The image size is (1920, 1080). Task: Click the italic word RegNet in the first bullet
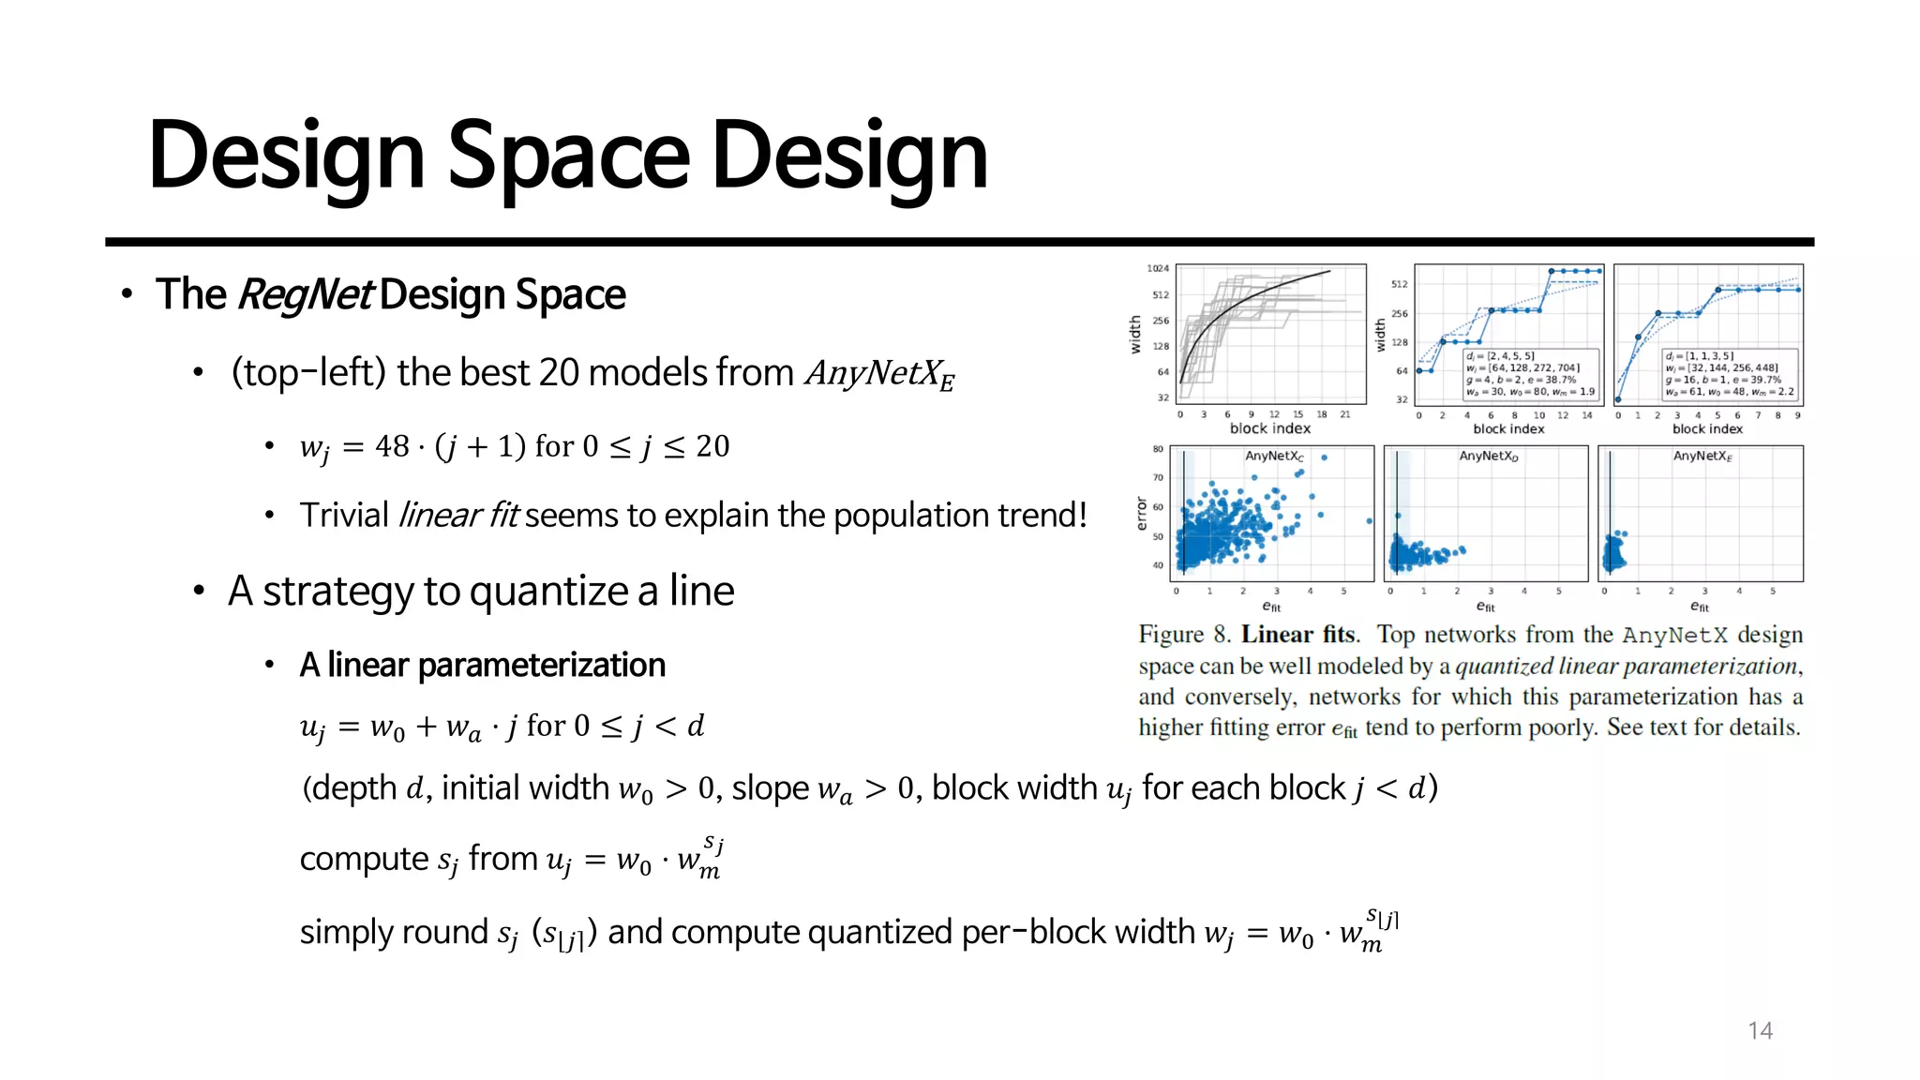(x=307, y=294)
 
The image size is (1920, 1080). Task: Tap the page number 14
(x=1760, y=1030)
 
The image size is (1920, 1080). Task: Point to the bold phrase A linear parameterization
(x=482, y=665)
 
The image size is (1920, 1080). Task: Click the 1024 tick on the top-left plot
(x=1158, y=269)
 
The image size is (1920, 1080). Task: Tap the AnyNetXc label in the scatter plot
(x=1273, y=457)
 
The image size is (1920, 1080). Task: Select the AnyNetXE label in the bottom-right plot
(x=1702, y=457)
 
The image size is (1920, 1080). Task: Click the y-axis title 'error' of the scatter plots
(x=1141, y=514)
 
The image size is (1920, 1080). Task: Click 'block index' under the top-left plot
(x=1269, y=428)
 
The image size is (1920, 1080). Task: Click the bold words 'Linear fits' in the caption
(x=1298, y=635)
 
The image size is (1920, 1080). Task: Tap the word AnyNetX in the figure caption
(x=1674, y=635)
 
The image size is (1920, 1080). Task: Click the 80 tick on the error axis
(x=1158, y=449)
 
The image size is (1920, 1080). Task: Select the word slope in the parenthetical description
(x=770, y=787)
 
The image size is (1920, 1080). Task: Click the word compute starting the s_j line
(x=364, y=859)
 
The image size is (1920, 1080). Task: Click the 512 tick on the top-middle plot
(x=1399, y=284)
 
